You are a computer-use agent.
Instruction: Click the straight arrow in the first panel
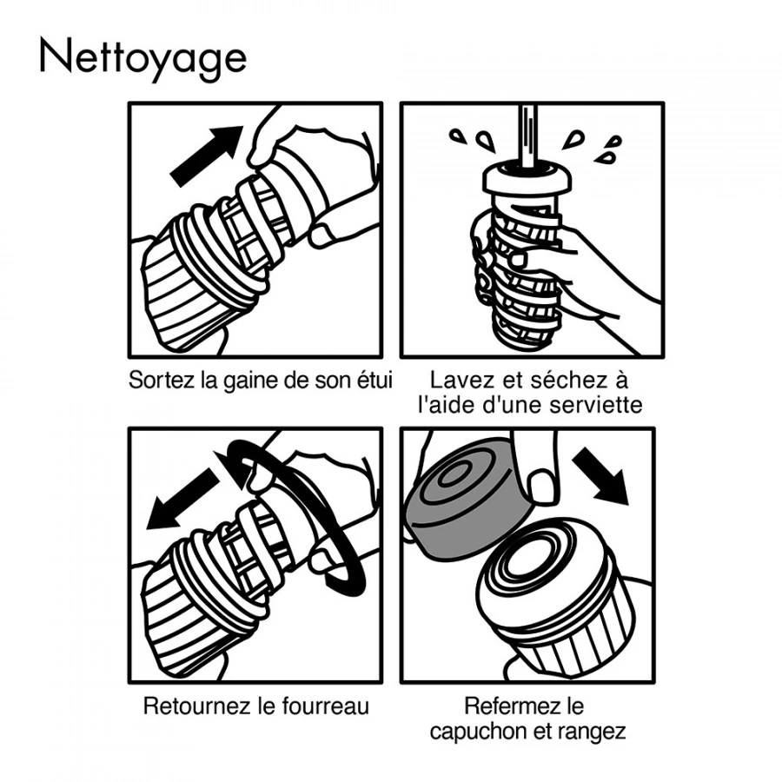point(206,156)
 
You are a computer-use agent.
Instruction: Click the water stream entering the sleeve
point(527,136)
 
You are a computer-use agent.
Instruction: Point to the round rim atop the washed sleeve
point(527,177)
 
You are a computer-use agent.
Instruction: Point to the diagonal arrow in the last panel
point(600,475)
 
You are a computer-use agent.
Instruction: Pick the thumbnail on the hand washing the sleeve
point(520,259)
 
